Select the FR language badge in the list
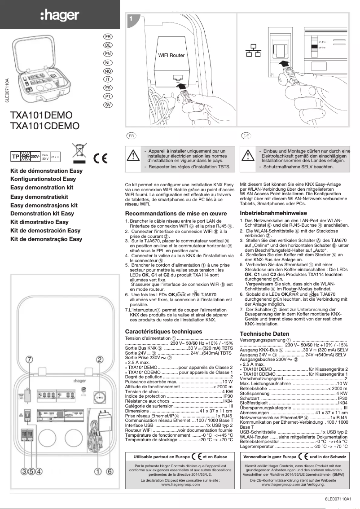click(108, 36)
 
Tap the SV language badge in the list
click(108, 105)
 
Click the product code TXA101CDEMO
click(45, 126)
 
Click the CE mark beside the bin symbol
click(101, 158)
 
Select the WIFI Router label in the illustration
click(171, 56)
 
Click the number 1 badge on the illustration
click(130, 19)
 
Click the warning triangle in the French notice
click(134, 155)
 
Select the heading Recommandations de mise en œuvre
click(176, 214)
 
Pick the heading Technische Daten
click(264, 334)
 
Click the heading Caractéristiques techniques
click(163, 331)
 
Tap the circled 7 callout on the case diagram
click(30, 360)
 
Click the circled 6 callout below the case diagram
click(109, 471)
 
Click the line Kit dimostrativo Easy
click(40, 222)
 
